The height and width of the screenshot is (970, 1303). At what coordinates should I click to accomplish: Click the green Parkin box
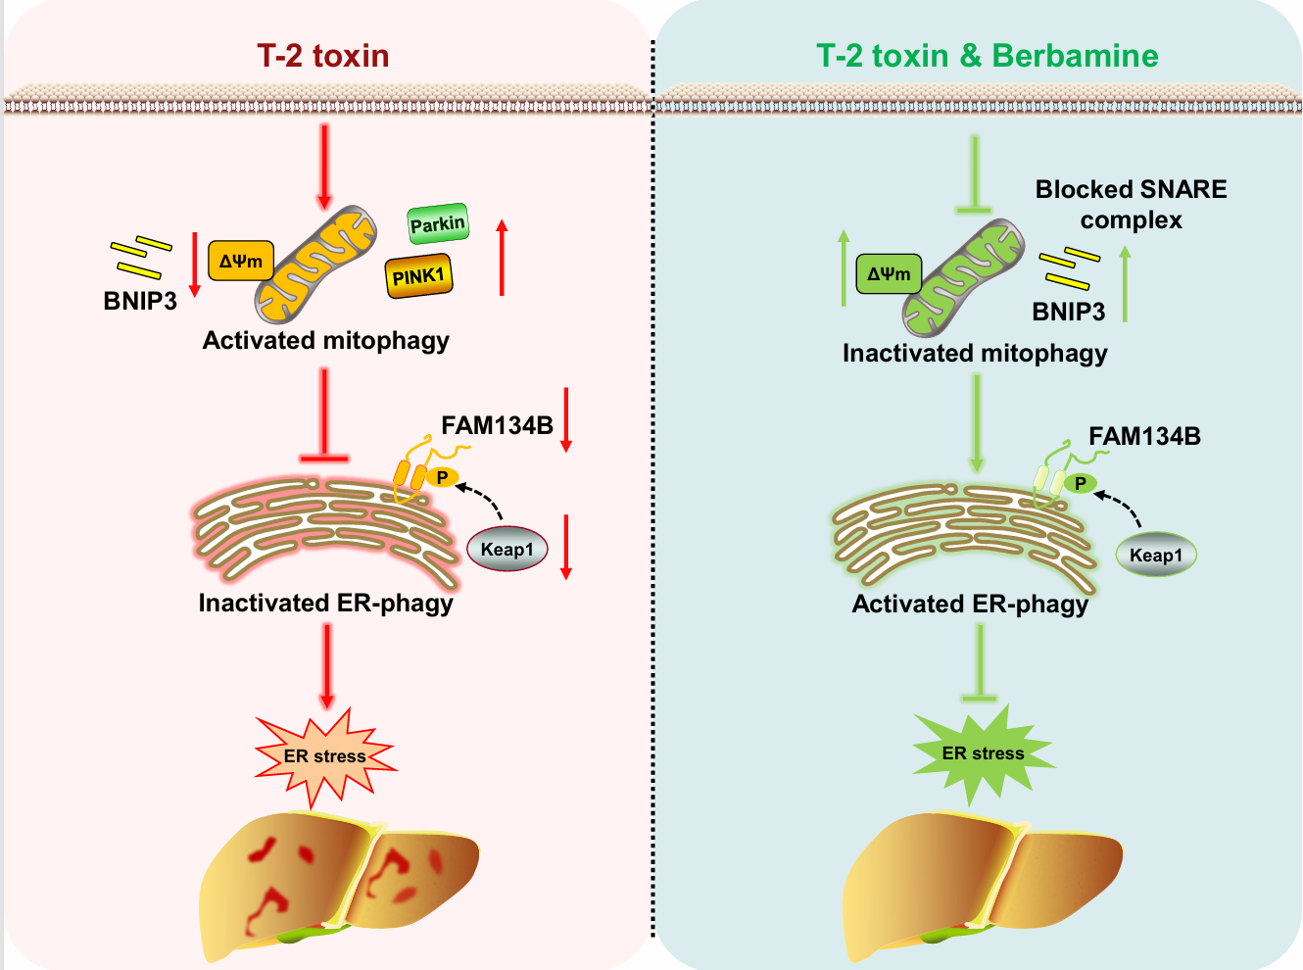(438, 224)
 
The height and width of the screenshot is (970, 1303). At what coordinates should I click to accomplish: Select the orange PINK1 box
(418, 276)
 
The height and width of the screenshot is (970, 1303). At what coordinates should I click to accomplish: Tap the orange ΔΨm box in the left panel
(241, 262)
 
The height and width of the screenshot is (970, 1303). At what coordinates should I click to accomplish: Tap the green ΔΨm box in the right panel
(889, 274)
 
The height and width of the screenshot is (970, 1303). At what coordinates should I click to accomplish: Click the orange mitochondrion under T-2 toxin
(315, 265)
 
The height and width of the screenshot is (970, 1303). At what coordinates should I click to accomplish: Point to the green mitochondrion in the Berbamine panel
(963, 278)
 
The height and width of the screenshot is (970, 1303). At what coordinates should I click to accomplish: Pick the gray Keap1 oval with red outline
(507, 549)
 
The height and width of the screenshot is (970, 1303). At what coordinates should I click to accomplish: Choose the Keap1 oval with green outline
(1156, 555)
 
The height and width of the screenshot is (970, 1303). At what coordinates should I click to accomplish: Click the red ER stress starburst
(325, 756)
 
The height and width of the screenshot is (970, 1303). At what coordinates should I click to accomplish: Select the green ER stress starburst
(983, 753)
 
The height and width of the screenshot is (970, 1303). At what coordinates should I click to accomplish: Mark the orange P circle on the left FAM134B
(443, 477)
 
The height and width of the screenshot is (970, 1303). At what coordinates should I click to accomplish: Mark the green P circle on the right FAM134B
(1081, 483)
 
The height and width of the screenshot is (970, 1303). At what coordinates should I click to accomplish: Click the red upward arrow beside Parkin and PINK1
(502, 257)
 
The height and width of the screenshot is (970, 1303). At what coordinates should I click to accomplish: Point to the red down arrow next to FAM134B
(566, 419)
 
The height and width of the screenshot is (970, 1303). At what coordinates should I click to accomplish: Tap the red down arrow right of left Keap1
(566, 546)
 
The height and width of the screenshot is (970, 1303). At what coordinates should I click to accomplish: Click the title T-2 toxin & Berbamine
(988, 56)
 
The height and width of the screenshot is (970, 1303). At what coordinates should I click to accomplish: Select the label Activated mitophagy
(325, 340)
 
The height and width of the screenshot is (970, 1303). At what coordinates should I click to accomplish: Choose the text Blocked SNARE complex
(1131, 204)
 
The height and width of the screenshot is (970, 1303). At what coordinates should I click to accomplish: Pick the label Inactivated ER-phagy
(325, 603)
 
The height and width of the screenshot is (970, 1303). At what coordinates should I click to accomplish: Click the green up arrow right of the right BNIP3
(1125, 284)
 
